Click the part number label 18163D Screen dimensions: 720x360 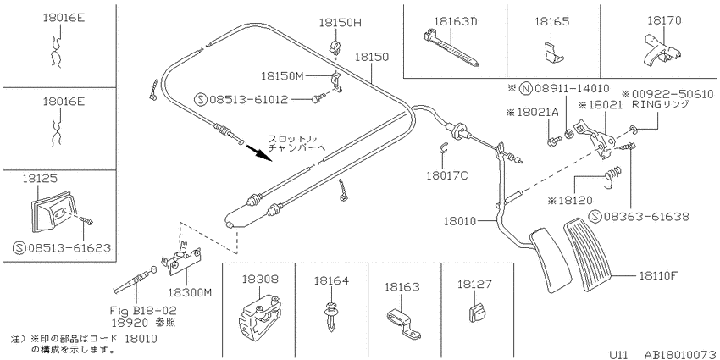coord(449,21)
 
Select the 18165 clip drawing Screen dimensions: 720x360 coord(551,52)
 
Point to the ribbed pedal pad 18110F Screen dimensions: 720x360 coord(589,255)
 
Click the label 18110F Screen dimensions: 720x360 coord(658,275)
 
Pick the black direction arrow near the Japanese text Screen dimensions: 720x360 coord(258,153)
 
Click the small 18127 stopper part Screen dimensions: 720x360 coord(477,313)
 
